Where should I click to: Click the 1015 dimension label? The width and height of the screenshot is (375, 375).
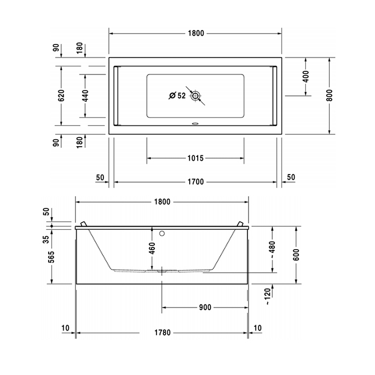[196, 158]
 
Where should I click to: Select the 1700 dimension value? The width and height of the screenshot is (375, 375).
[196, 182]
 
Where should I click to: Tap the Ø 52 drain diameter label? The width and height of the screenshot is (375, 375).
[177, 96]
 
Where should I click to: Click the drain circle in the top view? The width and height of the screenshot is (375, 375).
[196, 96]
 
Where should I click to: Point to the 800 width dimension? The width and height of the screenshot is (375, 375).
[329, 95]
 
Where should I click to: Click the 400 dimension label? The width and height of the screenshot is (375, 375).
[306, 77]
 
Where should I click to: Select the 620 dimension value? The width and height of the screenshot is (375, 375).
[61, 95]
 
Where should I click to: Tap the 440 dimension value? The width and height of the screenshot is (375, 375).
[85, 96]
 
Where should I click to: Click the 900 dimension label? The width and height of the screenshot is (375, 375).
[205, 307]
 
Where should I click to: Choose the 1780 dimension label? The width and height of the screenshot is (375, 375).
[162, 333]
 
